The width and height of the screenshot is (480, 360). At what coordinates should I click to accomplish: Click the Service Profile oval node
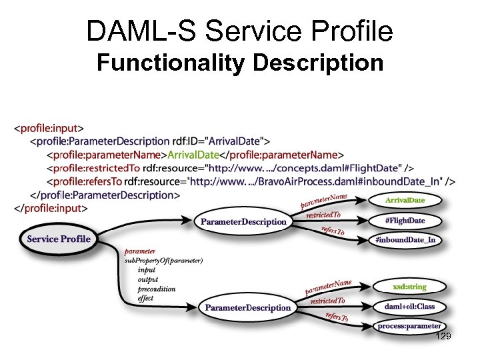pyautogui.click(x=58, y=239)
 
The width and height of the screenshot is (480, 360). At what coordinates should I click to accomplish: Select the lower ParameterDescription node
pyautogui.click(x=247, y=307)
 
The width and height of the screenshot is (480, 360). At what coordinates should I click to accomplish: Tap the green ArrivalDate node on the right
pyautogui.click(x=405, y=199)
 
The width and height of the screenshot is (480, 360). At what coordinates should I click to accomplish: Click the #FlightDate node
pyautogui.click(x=405, y=220)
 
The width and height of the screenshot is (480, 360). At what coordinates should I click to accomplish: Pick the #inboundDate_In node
pyautogui.click(x=405, y=240)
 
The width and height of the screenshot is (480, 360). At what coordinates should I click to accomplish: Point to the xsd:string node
pyautogui.click(x=409, y=286)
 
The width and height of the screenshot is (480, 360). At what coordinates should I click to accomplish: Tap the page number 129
pyautogui.click(x=443, y=337)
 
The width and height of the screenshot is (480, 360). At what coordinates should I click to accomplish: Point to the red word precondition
pyautogui.click(x=156, y=289)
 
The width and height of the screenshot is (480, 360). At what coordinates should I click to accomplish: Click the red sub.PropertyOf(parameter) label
pyautogui.click(x=163, y=260)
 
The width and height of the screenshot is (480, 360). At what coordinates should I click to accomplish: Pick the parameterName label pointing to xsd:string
pyautogui.click(x=328, y=287)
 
